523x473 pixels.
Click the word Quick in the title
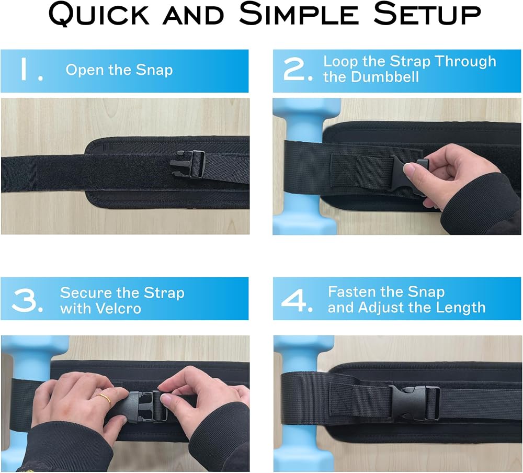pyautogui.click(x=99, y=14)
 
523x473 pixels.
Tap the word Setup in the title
pyautogui.click(x=427, y=14)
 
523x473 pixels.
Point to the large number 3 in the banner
pyautogui.click(x=27, y=301)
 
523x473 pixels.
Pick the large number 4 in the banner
pyautogui.click(x=297, y=301)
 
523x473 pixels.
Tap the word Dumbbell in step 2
pyautogui.click(x=385, y=77)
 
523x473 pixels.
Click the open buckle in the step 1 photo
pyautogui.click(x=187, y=164)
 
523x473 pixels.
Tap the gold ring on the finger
pyautogui.click(x=105, y=399)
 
